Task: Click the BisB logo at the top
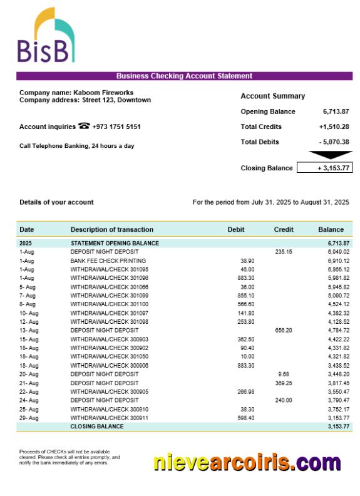click(45, 36)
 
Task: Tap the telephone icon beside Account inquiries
click(85, 126)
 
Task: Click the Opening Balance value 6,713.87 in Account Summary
click(336, 111)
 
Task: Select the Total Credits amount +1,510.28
click(334, 127)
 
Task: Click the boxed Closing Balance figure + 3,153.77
click(324, 168)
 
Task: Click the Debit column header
click(236, 229)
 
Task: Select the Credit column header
click(284, 229)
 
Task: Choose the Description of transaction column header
click(111, 229)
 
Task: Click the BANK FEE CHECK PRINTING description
click(108, 261)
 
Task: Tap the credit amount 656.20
click(284, 330)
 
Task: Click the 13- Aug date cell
click(29, 330)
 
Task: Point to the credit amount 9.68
click(284, 374)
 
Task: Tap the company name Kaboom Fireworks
click(103, 93)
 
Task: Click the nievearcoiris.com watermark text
click(247, 463)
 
